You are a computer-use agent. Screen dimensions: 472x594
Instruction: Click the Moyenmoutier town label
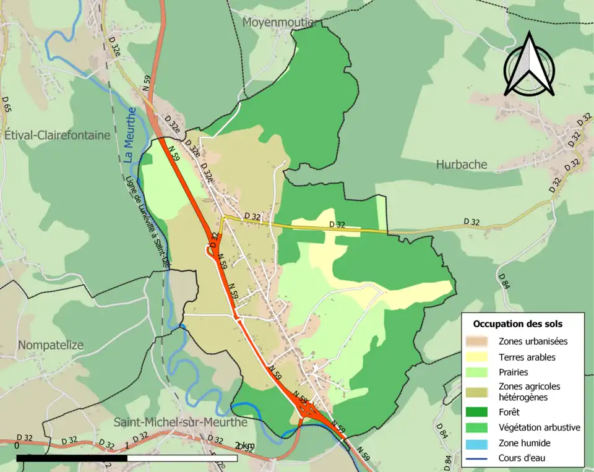point(280,22)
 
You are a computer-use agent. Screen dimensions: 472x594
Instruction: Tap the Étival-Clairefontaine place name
point(57,135)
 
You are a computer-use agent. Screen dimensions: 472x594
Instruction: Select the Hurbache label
point(461,165)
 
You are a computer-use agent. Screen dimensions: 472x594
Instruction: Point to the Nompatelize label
point(51,345)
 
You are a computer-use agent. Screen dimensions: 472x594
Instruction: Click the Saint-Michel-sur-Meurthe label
point(180,423)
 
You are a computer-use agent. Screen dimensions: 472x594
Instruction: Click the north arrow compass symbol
point(528,64)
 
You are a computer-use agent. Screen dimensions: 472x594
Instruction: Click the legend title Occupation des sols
point(517,324)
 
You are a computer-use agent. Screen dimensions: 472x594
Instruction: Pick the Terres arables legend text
point(527,357)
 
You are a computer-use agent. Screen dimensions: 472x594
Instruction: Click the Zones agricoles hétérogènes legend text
point(529,392)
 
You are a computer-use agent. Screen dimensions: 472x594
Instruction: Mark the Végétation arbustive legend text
point(539,427)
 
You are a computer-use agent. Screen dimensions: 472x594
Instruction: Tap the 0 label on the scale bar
point(17,445)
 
